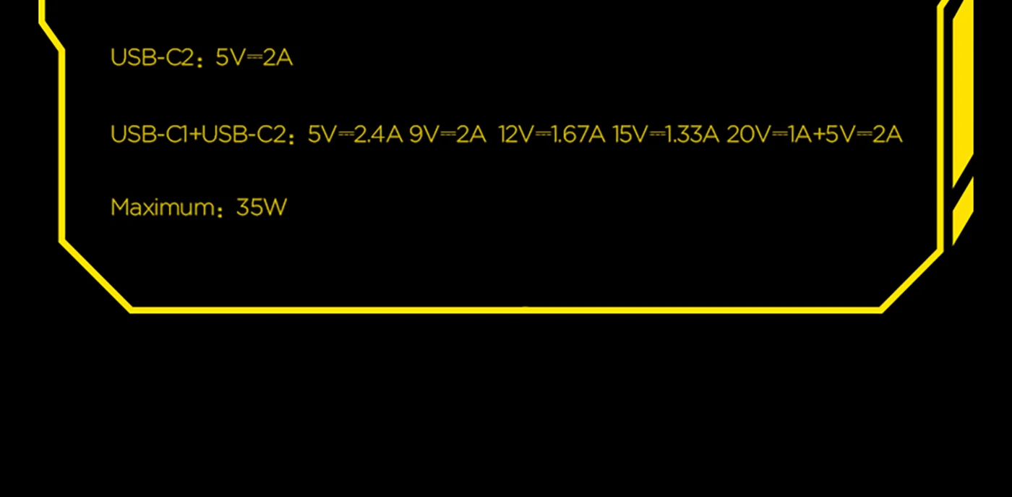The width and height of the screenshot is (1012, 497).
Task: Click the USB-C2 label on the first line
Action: [x=151, y=58]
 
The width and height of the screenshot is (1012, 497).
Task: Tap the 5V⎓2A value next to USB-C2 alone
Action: [x=254, y=58]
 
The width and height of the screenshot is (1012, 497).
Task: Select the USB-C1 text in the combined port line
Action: [x=148, y=135]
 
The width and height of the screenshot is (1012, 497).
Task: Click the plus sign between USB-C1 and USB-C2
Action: [x=194, y=135]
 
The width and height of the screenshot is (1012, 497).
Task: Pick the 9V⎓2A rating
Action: [x=447, y=135]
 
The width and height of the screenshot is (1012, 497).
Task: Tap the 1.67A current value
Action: [x=578, y=135]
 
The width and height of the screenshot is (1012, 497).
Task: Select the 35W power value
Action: [x=262, y=208]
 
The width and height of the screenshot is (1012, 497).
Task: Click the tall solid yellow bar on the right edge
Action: [x=962, y=94]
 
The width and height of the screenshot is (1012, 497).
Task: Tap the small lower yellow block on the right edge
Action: [x=962, y=213]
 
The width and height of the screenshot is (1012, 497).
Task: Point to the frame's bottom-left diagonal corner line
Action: [x=96, y=276]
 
